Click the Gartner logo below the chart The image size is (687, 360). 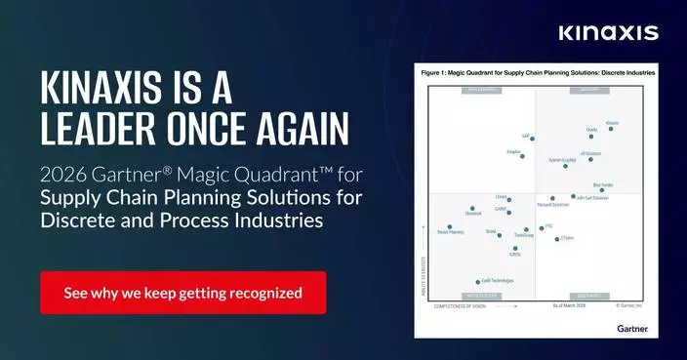[x=631, y=329]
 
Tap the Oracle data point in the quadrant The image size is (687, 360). [x=591, y=136]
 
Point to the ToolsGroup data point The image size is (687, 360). [x=526, y=230]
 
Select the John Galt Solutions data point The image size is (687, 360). [x=573, y=196]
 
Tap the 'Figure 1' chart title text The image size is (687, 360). [x=537, y=73]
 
